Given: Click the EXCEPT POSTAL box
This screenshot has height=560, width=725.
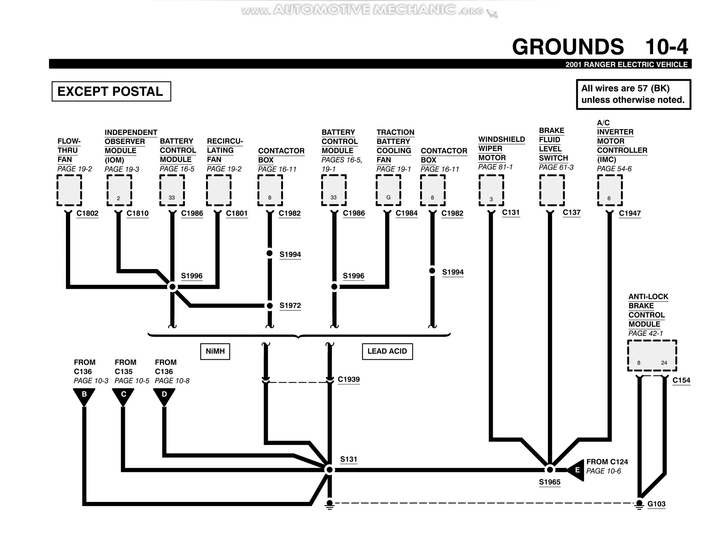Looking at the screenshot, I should point(111,91).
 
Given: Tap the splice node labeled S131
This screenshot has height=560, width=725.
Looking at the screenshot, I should point(329,470).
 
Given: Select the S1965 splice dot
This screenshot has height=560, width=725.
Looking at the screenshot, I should point(549,469).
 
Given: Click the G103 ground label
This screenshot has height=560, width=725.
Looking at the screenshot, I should point(656,504).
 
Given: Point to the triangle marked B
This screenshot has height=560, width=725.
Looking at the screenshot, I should point(84,395).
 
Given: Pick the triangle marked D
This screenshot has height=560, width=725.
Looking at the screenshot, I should point(164,395).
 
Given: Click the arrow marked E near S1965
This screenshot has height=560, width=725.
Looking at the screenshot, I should point(576,470).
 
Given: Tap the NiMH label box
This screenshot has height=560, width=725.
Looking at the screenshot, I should point(215,351).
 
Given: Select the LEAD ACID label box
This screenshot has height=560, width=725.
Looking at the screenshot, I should point(387,351).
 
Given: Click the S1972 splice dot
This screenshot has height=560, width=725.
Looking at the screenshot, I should point(269,305).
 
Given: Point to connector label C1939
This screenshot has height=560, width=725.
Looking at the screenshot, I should point(349,379).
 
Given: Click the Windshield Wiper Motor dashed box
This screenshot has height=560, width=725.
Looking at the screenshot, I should point(491,190).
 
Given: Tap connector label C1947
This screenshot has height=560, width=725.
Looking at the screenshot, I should point(629,213).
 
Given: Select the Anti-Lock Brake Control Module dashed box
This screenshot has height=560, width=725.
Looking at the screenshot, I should point(652,355).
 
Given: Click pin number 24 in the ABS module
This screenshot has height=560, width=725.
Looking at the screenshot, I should point(664,363).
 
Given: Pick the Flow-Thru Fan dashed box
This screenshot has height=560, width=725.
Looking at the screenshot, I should point(69,190).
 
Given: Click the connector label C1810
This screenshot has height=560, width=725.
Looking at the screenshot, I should point(137,213).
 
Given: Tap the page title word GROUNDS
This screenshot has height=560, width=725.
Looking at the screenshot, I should point(567,47).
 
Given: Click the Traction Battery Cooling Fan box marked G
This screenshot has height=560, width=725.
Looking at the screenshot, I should point(388,190).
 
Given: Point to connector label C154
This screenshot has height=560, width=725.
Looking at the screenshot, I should point(681,380).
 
